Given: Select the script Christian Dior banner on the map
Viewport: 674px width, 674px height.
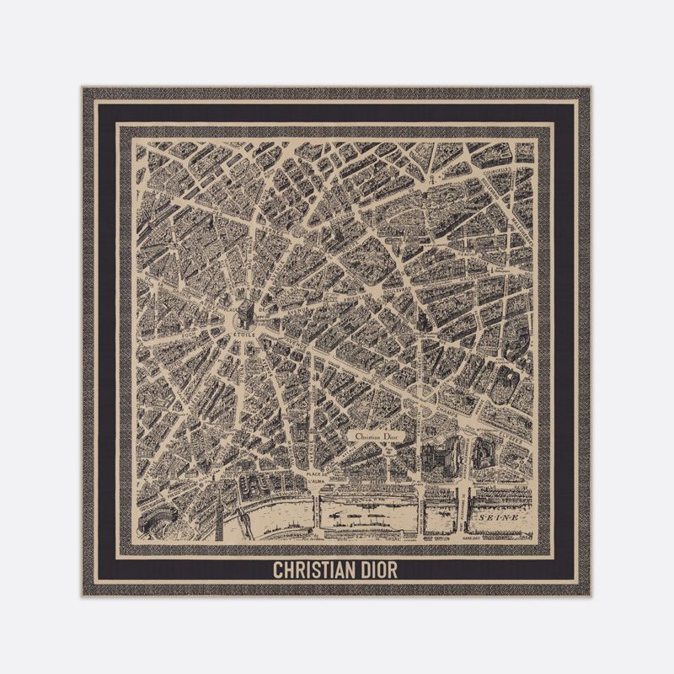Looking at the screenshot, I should coord(376,437).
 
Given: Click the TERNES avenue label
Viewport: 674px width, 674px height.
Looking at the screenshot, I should coord(253,244).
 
